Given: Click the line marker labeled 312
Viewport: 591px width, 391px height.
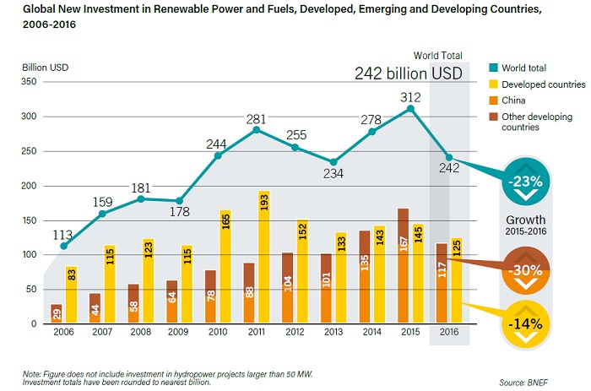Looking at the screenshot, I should pyautogui.click(x=410, y=108).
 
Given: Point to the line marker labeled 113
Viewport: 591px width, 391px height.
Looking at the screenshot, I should pyautogui.click(x=63, y=246).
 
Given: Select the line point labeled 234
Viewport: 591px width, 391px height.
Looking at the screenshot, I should pyautogui.click(x=333, y=162).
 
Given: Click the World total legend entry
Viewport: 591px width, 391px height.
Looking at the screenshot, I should pyautogui.click(x=529, y=68).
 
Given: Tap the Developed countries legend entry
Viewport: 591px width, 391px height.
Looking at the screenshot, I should pyautogui.click(x=541, y=84).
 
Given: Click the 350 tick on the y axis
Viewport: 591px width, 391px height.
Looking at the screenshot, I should pyautogui.click(x=28, y=82).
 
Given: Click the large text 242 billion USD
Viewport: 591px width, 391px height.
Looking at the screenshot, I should pyautogui.click(x=409, y=74).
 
